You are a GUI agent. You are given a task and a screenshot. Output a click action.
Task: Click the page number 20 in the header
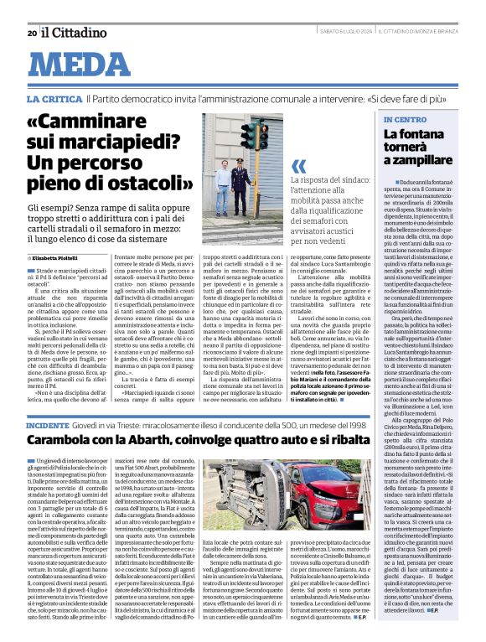31,33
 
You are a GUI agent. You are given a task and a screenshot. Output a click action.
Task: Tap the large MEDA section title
89,66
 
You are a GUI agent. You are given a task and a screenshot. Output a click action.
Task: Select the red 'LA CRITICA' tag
54,99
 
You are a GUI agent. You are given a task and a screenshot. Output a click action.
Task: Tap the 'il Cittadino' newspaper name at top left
73,32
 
